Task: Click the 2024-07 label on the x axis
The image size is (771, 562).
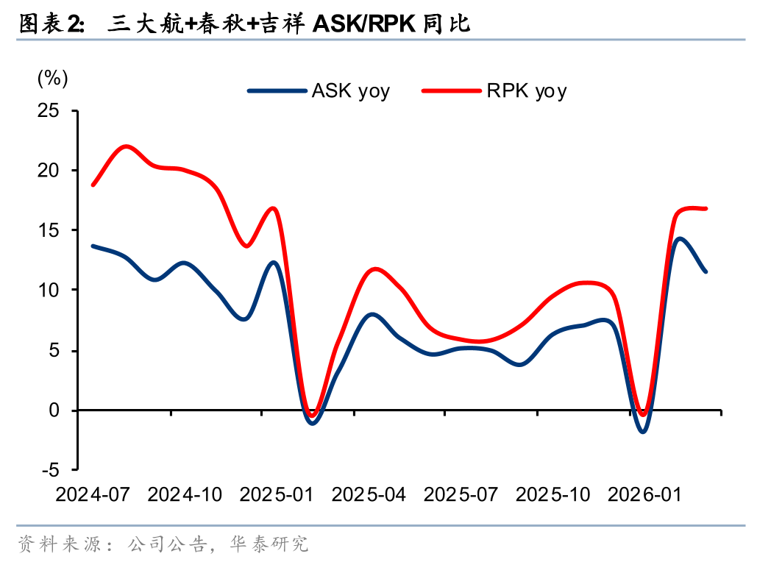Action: click(x=92, y=494)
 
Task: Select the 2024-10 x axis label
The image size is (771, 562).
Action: click(x=185, y=494)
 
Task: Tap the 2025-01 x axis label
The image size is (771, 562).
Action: click(x=277, y=494)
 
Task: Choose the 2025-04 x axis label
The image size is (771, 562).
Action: click(x=369, y=494)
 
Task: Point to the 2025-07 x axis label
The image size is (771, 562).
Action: click(x=461, y=494)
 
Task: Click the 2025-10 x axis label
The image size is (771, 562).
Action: click(x=553, y=494)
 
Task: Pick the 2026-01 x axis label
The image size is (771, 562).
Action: click(x=644, y=494)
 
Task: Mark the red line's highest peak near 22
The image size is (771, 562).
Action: click(x=126, y=146)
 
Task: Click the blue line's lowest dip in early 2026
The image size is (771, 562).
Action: click(x=643, y=431)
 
